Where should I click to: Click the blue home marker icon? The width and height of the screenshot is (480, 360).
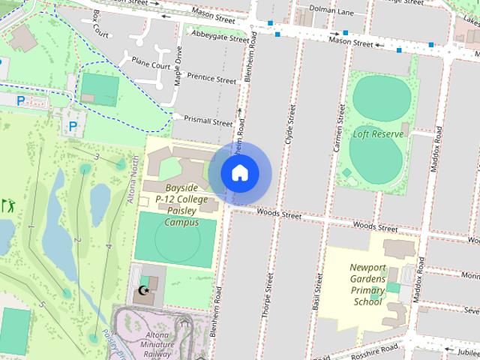point(239,172)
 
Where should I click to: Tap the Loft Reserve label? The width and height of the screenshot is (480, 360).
point(378,134)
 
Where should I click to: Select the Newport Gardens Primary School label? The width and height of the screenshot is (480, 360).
point(367,284)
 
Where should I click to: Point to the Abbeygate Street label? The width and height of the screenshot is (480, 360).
point(220,37)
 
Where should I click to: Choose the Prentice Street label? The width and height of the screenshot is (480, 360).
point(211,78)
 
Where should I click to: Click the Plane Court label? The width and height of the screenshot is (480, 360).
point(151,64)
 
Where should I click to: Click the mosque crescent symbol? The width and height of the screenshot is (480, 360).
point(143,290)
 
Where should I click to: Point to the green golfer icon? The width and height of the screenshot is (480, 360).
point(8,204)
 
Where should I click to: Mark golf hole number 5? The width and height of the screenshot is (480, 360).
point(43,304)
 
